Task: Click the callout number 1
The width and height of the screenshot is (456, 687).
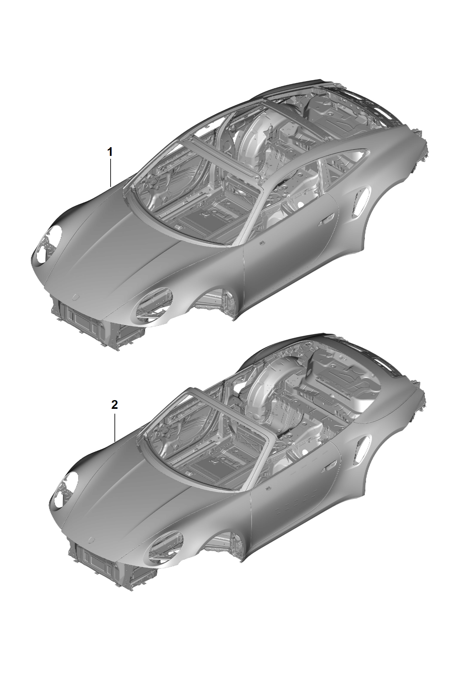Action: click(110, 151)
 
